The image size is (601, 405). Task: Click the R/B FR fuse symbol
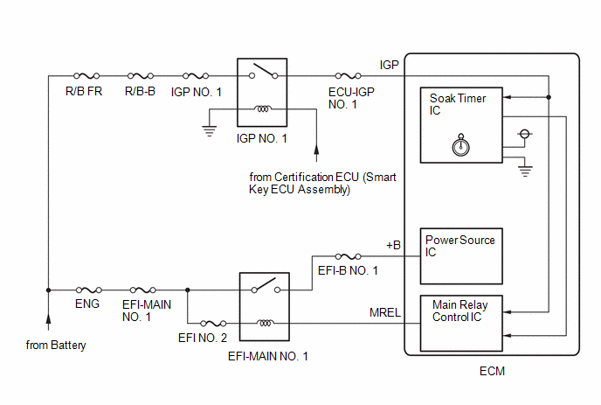click(88, 76)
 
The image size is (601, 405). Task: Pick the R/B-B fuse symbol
click(140, 76)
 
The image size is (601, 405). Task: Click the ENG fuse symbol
click(87, 290)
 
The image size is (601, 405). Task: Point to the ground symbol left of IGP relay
click(211, 130)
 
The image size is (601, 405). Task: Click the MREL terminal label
click(384, 313)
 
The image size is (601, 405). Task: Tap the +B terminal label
click(393, 246)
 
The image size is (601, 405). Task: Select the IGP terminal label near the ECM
click(390, 66)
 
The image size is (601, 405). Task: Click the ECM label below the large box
click(492, 371)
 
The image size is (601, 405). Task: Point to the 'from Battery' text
click(57, 346)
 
